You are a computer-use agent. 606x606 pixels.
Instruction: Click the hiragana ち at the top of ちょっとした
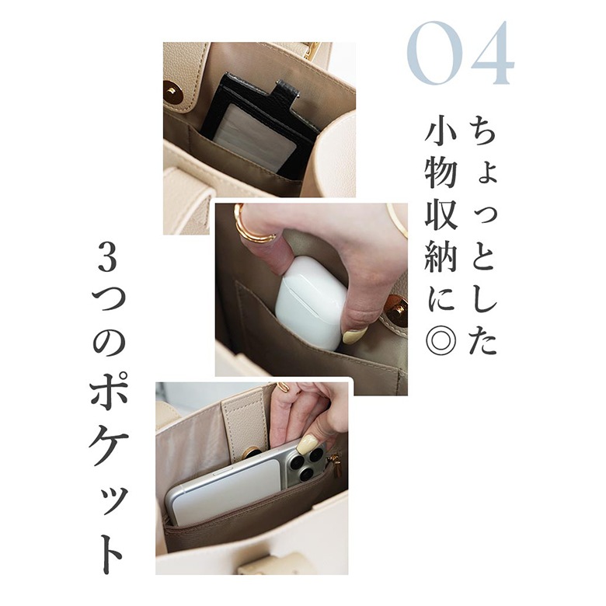coord(483,131)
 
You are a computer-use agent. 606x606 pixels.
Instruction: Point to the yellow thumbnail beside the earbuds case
coord(355,336)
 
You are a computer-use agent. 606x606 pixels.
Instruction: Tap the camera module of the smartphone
coord(308,461)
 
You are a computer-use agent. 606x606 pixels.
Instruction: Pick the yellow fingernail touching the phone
coord(306,444)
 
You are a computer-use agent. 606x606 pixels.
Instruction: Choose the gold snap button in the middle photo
coord(396,310)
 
